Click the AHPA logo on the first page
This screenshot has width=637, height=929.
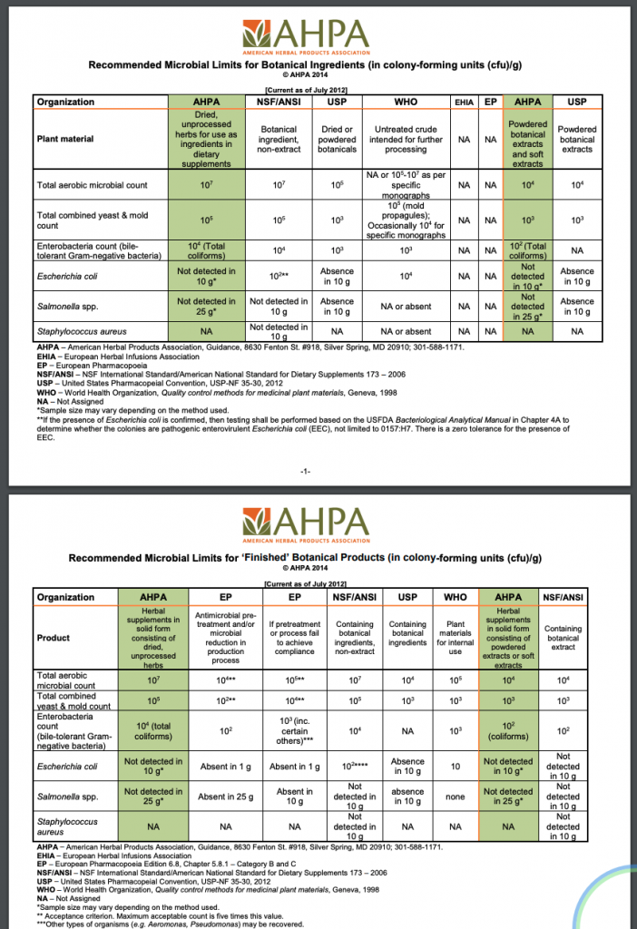[317, 35]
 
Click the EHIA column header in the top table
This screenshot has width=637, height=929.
[464, 102]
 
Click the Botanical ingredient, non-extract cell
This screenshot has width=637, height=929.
[279, 140]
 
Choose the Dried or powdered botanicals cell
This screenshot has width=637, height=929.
[338, 140]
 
